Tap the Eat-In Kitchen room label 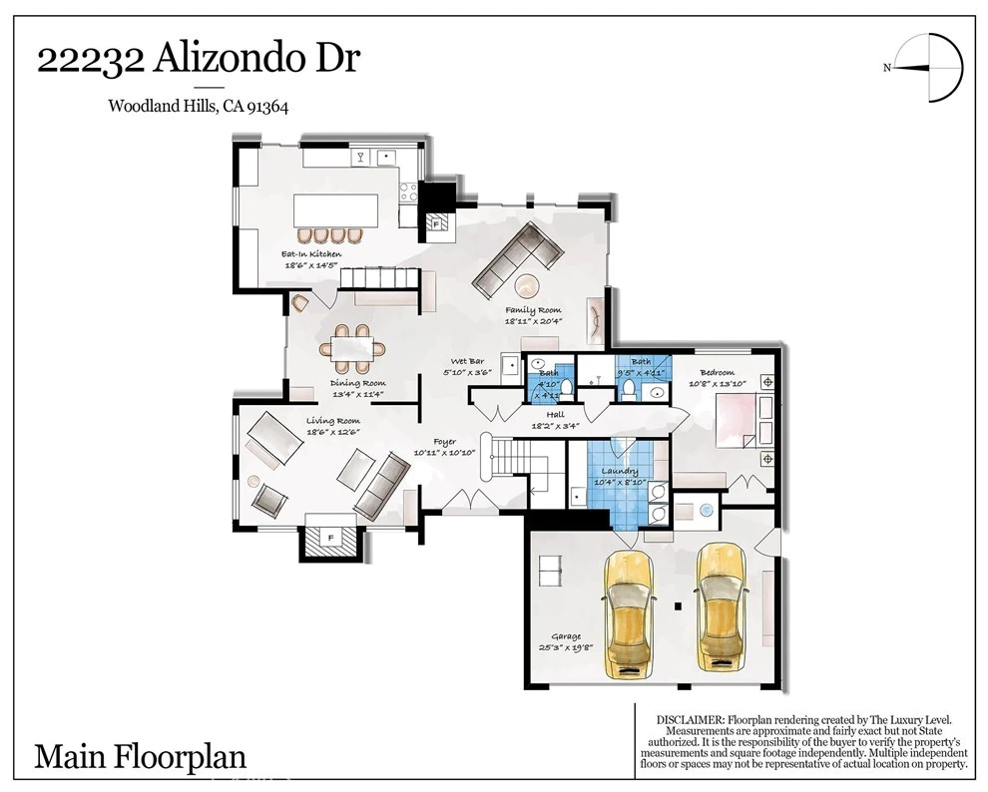coord(311,254)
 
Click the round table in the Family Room coord(528,286)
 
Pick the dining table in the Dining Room coord(351,348)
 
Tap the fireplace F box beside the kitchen coord(436,222)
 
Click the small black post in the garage coord(678,606)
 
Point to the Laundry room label coord(620,471)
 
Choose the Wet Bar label coord(467,361)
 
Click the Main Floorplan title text coord(141,756)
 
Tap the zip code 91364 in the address coord(267,107)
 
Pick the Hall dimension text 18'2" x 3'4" coord(555,426)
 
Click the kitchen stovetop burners coord(408,193)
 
